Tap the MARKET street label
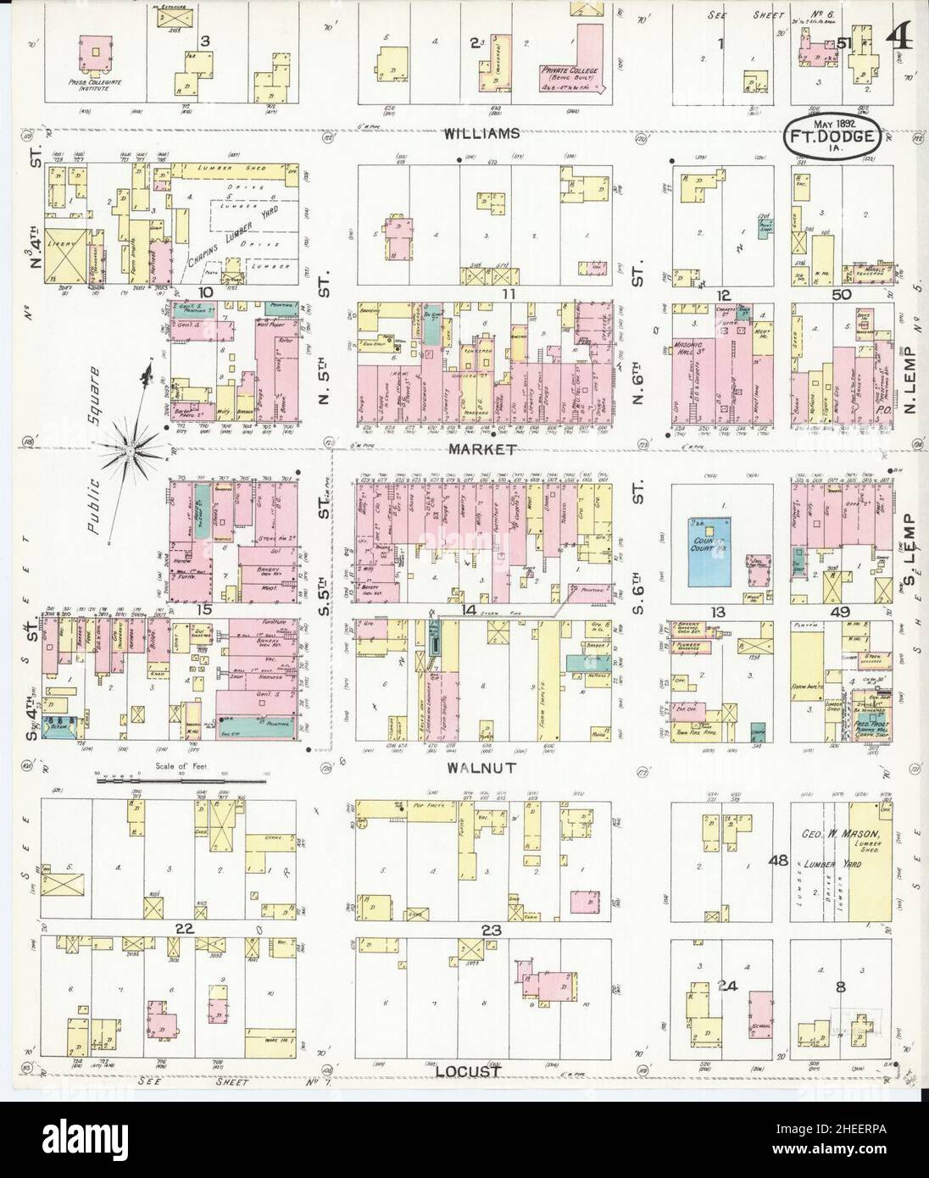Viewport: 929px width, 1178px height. [483, 448]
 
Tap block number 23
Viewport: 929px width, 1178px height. [492, 930]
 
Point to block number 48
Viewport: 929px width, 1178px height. [778, 861]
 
